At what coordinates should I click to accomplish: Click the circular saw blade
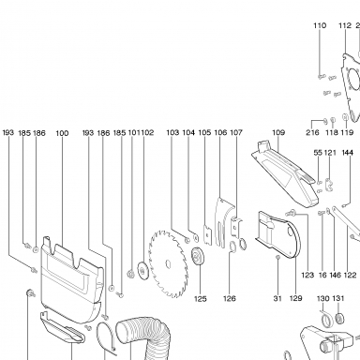click(169, 264)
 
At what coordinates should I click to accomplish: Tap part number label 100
click(62, 133)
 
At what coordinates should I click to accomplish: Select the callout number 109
click(278, 132)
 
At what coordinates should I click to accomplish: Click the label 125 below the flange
click(201, 299)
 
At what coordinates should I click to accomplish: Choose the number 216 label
click(312, 132)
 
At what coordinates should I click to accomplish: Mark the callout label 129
click(296, 298)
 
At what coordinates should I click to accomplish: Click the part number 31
click(277, 298)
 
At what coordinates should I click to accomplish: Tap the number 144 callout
click(348, 153)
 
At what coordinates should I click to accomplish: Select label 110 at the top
click(320, 25)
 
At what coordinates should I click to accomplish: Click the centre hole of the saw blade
click(168, 264)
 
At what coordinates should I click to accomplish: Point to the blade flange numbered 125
click(198, 256)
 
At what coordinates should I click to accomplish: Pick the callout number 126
click(230, 299)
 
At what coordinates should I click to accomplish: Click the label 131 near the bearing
click(338, 298)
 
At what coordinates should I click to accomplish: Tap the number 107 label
click(236, 132)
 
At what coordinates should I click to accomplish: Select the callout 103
click(172, 132)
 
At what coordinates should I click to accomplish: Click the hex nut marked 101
click(129, 274)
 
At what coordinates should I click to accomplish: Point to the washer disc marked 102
click(142, 270)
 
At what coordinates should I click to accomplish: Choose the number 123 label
click(307, 275)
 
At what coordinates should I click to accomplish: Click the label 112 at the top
click(345, 25)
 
